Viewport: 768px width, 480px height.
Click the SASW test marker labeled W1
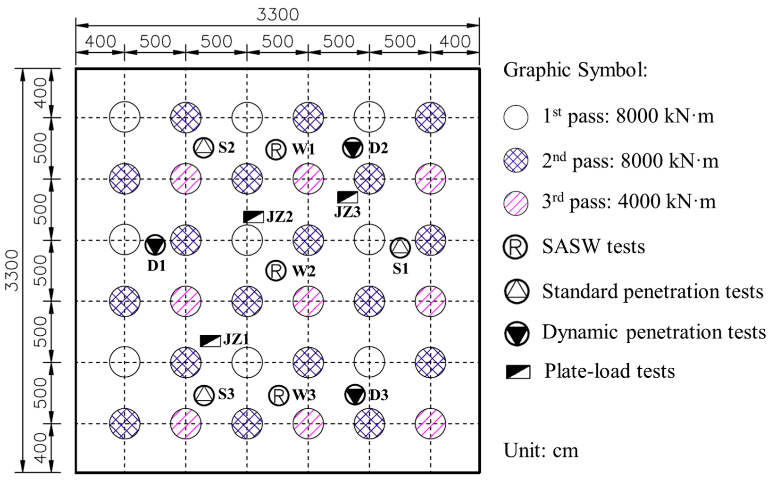[x=276, y=149]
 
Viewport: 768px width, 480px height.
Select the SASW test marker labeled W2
[x=276, y=271]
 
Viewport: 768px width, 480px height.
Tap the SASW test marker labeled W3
[x=278, y=395]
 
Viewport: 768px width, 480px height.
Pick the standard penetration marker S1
[x=400, y=248]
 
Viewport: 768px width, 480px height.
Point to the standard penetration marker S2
[x=204, y=148]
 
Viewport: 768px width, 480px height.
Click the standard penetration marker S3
[x=204, y=395]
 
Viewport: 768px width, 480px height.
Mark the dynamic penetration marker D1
[x=155, y=245]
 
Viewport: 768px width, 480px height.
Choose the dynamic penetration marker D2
[x=352, y=148]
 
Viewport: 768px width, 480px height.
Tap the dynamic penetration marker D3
[x=354, y=395]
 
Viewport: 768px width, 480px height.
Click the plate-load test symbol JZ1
[x=210, y=340]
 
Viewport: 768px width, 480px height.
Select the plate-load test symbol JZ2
[x=253, y=217]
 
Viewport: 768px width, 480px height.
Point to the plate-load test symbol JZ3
[x=347, y=197]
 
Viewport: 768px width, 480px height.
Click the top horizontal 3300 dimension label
[x=277, y=14]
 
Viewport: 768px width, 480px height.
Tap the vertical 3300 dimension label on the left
[x=11, y=270]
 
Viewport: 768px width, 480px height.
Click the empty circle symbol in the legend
[x=516, y=117]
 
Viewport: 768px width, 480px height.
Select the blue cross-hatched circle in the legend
[x=516, y=160]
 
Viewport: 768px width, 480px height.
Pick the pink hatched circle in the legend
[x=516, y=203]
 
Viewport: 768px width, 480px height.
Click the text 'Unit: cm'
[x=541, y=450]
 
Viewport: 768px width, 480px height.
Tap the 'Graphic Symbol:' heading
[x=575, y=70]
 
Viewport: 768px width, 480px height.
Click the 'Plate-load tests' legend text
[x=609, y=371]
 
